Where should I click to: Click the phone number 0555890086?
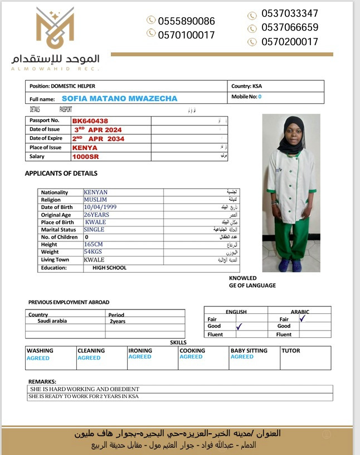pos(186,21)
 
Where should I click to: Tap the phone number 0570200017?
pos(290,42)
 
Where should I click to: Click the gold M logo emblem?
pos(55,28)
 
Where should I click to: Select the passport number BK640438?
pos(90,120)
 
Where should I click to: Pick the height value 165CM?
pos(94,244)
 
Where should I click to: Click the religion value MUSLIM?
pos(95,200)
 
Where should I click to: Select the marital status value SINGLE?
pos(94,229)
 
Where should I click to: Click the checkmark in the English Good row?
pos(239,327)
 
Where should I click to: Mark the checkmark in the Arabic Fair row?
pos(302,318)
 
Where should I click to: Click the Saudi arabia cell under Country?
pos(52,321)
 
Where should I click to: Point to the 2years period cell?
pos(118,321)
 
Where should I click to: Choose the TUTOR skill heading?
pos(291,351)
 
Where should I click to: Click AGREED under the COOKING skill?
pos(191,357)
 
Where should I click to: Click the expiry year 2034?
pos(115,139)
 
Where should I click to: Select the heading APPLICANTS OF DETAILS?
pos(61,173)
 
